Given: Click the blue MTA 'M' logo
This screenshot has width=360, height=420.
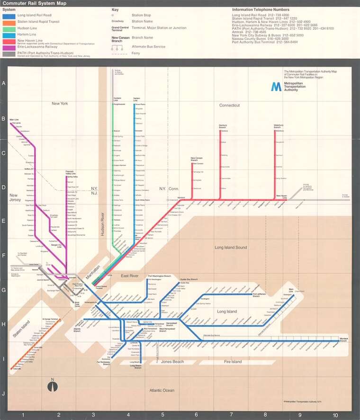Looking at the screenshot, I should click(276, 87).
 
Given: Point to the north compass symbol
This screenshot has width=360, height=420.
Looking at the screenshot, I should click(53, 386).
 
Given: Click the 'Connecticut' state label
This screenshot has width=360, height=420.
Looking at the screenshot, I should click(229, 105).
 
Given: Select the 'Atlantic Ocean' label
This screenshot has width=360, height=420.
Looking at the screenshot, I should click(162, 391).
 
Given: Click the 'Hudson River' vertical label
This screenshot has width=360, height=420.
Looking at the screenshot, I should click(103, 223).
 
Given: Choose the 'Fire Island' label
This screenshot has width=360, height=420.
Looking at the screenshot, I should click(233, 362).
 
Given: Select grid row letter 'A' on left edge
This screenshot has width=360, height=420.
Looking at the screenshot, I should click(4, 83).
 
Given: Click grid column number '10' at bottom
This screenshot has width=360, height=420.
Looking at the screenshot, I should click(335, 416).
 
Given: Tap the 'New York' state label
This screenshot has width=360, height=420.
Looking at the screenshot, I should click(60, 103).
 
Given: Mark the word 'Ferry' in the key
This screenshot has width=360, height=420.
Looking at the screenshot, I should click(136, 53).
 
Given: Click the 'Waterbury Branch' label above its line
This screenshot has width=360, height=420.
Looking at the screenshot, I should click(278, 126).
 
